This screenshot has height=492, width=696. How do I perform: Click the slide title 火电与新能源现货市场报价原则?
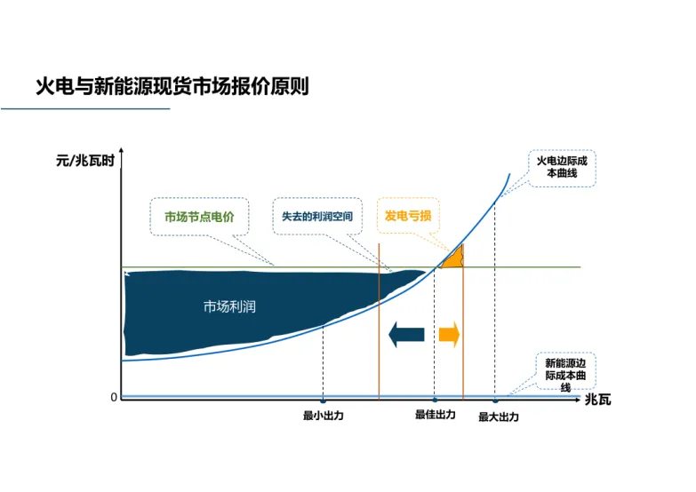172,88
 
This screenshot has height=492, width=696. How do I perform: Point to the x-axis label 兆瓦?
597,400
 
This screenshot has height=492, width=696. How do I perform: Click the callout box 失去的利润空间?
317,216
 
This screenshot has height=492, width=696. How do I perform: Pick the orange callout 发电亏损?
407,215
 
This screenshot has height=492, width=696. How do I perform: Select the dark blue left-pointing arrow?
406,335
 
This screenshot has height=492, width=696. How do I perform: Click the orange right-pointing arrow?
448,335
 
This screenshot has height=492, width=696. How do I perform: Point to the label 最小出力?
323,416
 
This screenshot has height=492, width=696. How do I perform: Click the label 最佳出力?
435,415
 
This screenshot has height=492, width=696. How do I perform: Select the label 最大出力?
498,417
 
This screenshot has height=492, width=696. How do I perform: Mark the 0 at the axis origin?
114,397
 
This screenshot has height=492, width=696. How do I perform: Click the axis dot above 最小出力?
323,401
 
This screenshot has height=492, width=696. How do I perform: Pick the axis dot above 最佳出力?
435,401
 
